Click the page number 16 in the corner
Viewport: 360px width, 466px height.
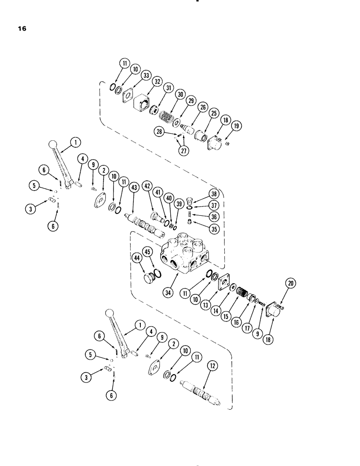tap(22, 29)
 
